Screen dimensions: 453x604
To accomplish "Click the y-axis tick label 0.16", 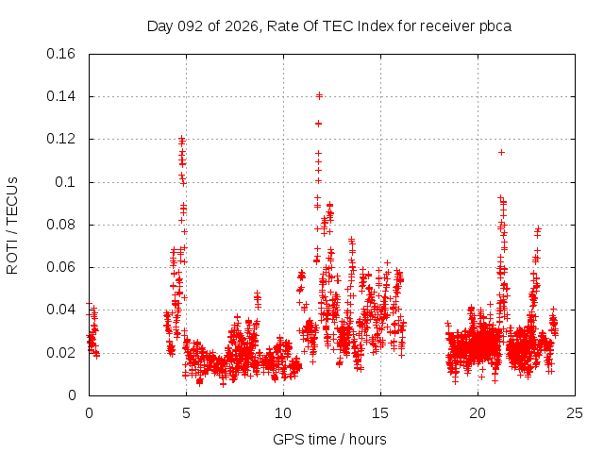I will pyautogui.click(x=63, y=54).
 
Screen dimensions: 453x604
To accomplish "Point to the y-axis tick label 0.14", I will pyautogui.click(x=63, y=96).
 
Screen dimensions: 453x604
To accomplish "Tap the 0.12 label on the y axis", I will pyautogui.click(x=63, y=139).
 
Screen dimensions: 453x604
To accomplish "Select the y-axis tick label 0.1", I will pyautogui.click(x=68, y=182).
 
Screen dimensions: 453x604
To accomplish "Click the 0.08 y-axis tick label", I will pyautogui.click(x=63, y=225).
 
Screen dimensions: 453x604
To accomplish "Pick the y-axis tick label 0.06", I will pyautogui.click(x=63, y=267).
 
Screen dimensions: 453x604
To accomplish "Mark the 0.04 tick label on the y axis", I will pyautogui.click(x=63, y=310).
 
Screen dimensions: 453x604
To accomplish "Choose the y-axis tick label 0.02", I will pyautogui.click(x=63, y=353).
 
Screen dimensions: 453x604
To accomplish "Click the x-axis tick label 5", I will pyautogui.click(x=186, y=412).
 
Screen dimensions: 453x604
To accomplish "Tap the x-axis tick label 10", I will pyautogui.click(x=283, y=412).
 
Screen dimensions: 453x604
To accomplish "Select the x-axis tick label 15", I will pyautogui.click(x=380, y=412).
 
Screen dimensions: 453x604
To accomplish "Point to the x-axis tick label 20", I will pyautogui.click(x=478, y=412).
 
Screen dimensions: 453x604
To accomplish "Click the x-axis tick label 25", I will pyautogui.click(x=576, y=412).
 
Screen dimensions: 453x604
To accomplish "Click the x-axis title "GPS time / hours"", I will pyautogui.click(x=329, y=439).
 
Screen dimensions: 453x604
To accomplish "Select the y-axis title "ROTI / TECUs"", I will pyautogui.click(x=13, y=225).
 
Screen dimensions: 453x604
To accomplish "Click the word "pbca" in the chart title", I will pyautogui.click(x=494, y=25).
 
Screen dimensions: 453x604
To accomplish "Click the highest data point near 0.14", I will pyautogui.click(x=319, y=95).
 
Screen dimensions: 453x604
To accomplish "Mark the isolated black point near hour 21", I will pyautogui.click(x=501, y=152).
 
